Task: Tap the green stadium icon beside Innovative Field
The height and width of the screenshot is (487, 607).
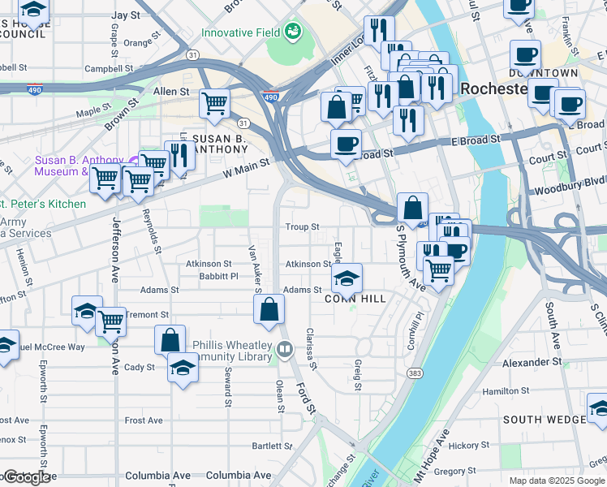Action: coord(292,32)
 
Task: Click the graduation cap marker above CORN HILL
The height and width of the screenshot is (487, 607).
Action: coord(347,278)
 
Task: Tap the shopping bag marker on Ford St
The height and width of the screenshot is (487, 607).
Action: coord(269,308)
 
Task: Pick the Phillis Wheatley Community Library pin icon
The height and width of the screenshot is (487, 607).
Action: coord(284,350)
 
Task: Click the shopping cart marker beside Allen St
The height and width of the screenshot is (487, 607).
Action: coord(214,103)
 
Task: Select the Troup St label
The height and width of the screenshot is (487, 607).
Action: coord(302,227)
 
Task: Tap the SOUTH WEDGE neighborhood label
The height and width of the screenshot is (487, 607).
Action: coord(544,419)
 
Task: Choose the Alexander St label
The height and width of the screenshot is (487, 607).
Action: coord(532,362)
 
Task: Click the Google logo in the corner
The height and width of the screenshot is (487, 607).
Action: coord(25,478)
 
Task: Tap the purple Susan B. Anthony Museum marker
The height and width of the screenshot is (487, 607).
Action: coord(134,159)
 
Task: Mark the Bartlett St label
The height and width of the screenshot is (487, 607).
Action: coord(272,446)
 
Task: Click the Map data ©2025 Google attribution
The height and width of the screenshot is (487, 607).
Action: coord(556,481)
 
